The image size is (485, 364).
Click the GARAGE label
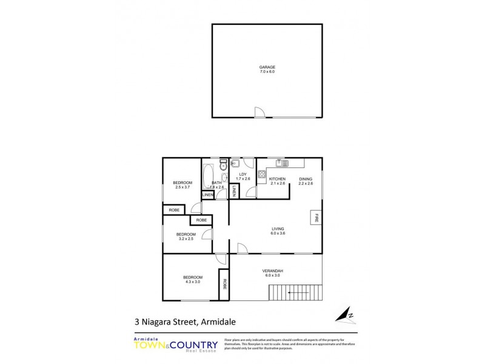point(267,67)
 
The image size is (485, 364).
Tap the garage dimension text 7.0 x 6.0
point(267,72)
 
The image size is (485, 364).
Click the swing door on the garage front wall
point(259,112)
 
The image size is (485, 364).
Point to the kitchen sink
point(281,163)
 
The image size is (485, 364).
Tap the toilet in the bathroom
point(223,165)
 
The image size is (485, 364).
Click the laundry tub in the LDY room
point(235,163)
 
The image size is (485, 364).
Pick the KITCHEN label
point(277,179)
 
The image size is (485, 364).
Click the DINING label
point(306,179)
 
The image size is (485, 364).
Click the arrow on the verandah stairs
point(297,292)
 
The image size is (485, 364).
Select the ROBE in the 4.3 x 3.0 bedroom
point(225,283)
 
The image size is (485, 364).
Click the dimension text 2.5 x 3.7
point(182,187)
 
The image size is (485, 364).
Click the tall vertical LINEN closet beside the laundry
point(234,191)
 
